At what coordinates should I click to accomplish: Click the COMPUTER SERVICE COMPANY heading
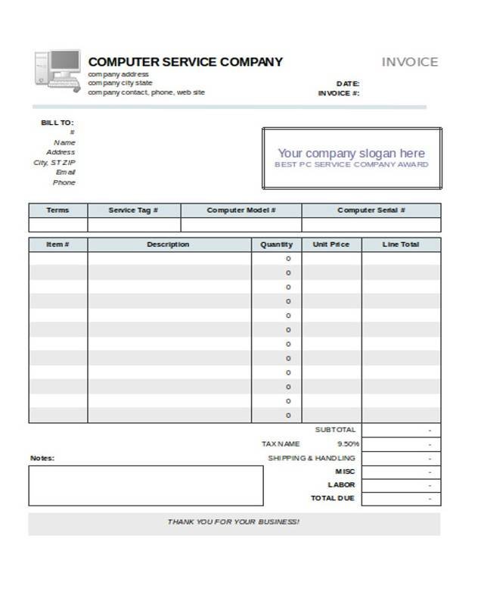185,62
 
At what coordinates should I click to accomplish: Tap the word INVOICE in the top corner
409,62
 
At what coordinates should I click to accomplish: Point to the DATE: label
347,83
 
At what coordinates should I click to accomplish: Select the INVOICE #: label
339,93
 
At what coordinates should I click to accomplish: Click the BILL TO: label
57,123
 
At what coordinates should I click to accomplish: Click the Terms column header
57,210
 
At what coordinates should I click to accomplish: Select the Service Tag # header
134,210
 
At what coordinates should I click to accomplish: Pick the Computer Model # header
241,210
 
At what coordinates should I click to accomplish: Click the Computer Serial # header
371,210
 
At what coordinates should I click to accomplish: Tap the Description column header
168,244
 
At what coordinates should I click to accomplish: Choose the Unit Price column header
331,244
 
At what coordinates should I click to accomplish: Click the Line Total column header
401,244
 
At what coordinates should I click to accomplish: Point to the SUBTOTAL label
334,429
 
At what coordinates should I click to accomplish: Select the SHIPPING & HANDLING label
311,458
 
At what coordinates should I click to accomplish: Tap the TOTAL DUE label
333,498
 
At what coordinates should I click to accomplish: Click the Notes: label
42,458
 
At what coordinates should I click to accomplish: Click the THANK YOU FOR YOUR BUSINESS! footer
234,522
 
